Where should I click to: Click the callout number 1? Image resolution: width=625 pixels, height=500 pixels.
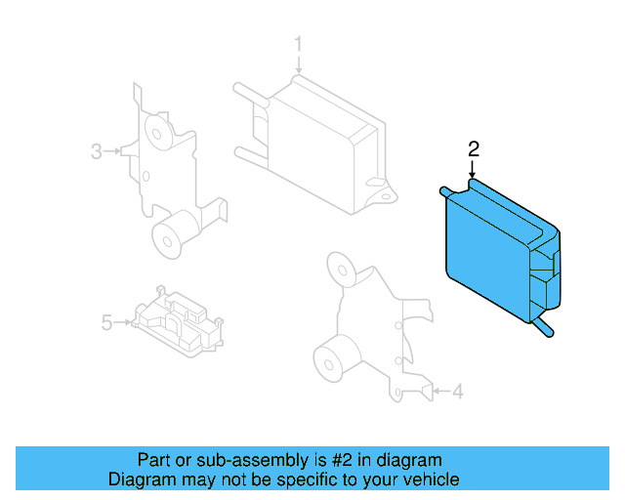coord(300,44)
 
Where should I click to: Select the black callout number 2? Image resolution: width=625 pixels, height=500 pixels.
coord(474,148)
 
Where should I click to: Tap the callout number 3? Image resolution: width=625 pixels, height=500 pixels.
coord(97,150)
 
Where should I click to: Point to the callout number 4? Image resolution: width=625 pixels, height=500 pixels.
coord(459,393)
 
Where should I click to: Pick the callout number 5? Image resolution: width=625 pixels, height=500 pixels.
coord(106,320)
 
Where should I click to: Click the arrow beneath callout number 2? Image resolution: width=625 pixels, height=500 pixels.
coord(474,170)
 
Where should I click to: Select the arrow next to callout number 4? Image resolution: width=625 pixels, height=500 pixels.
coord(440,393)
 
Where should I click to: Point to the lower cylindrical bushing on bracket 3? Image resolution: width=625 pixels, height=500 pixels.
coord(172,235)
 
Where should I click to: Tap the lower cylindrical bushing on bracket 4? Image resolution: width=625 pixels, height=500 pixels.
coord(333,359)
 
